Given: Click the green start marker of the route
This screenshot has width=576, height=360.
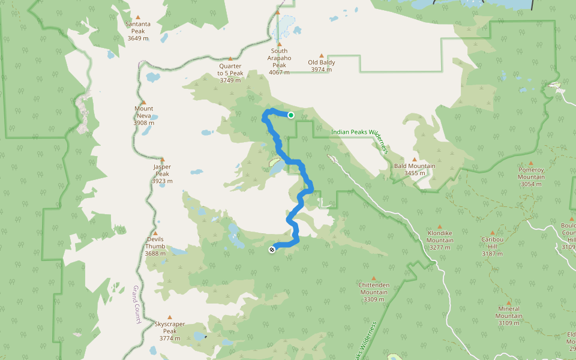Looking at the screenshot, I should tap(291, 115).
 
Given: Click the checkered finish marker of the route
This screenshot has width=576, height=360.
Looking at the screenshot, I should tap(272, 250).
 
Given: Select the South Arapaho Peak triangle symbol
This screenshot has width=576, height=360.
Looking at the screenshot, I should tap(279, 44).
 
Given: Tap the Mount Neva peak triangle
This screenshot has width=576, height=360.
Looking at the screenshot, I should tap(143, 102).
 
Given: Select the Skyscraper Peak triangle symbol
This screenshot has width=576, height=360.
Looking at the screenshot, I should tap(170, 317).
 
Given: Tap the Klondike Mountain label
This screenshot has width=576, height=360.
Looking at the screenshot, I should tap(440, 236).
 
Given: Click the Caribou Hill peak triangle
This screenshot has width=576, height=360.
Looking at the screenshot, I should tap(493, 233).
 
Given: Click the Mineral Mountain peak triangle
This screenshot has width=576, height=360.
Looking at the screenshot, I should tap(509, 303).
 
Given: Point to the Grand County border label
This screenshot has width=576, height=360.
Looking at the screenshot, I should tap(136, 304).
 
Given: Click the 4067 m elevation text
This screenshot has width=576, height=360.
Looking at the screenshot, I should tap(279, 72).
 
